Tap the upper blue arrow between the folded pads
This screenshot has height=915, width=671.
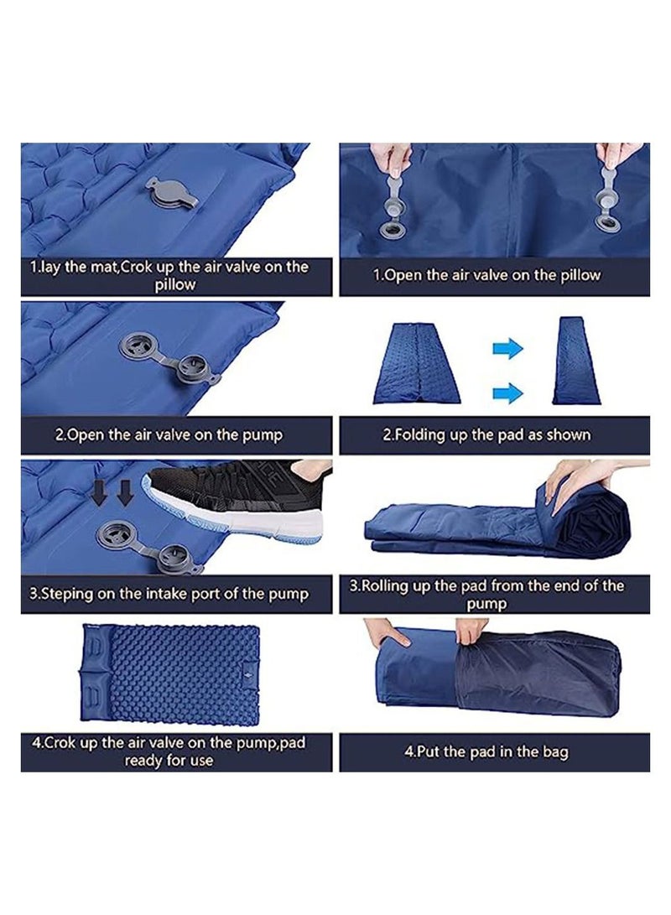tap(507, 349)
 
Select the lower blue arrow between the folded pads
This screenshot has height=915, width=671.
tap(507, 391)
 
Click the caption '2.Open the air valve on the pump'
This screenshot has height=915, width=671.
tap(169, 435)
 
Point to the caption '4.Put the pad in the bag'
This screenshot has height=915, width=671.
tap(486, 751)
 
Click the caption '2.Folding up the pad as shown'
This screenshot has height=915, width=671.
tap(486, 435)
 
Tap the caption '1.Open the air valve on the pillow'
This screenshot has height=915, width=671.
tap(486, 275)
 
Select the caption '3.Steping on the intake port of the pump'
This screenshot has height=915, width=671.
tap(169, 594)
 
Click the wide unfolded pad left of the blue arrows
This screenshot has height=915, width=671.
tap(416, 367)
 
